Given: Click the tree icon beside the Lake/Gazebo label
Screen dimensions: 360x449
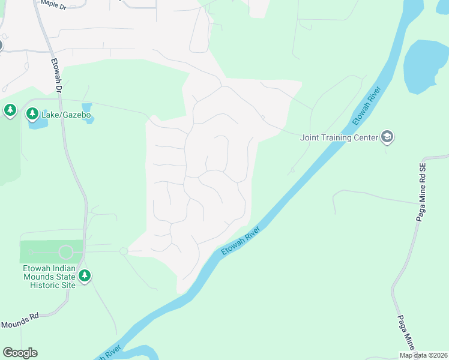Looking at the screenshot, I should pos(32,113).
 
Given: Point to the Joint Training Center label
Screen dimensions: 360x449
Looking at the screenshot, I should pos(339,137).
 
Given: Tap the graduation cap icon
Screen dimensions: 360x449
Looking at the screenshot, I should pos(387,137).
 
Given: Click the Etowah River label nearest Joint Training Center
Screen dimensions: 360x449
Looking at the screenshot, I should pos(367,106).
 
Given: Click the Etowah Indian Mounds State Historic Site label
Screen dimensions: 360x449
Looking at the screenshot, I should pos(49,277).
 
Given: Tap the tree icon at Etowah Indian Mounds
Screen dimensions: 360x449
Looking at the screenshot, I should pos(85,276).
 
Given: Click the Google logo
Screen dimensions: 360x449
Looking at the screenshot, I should pos(20,353).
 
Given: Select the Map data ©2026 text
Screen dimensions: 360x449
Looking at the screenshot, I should pos(424,355).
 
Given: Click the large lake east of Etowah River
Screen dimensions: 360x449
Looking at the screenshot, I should pos(426,66).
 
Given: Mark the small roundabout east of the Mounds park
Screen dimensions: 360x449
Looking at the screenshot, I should pos(124,251).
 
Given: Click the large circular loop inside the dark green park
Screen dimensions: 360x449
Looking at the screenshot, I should pos(65,252).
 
